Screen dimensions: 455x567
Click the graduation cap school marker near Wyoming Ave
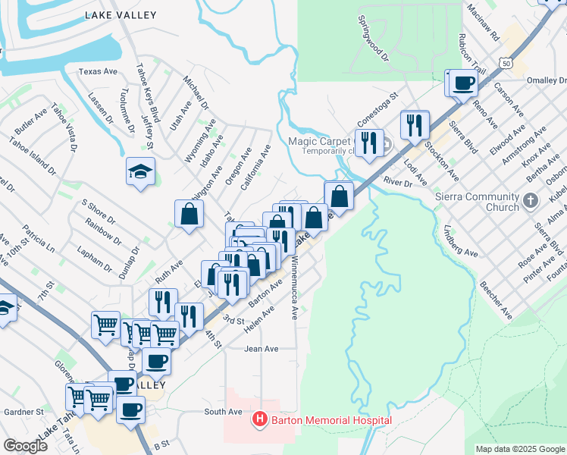coord(141,171)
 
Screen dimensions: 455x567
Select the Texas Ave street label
coord(99,72)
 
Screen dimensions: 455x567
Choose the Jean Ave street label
coord(262,349)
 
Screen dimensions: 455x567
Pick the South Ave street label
coord(223,412)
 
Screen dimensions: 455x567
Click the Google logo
coord(26,446)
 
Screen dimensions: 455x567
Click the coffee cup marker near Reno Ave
coord(463,83)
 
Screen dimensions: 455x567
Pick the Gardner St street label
coord(23,413)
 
